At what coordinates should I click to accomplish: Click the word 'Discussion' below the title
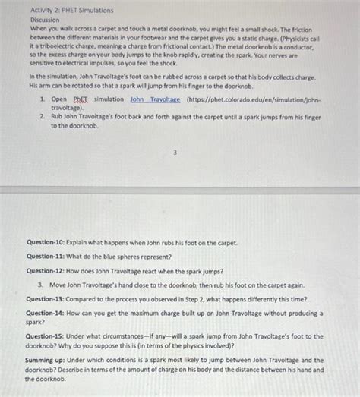(46, 20)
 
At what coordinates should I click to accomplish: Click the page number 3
(175, 152)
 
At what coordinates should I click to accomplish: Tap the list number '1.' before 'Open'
(43, 99)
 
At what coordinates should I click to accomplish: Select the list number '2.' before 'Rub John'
(43, 117)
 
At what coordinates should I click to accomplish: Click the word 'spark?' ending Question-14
(36, 321)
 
